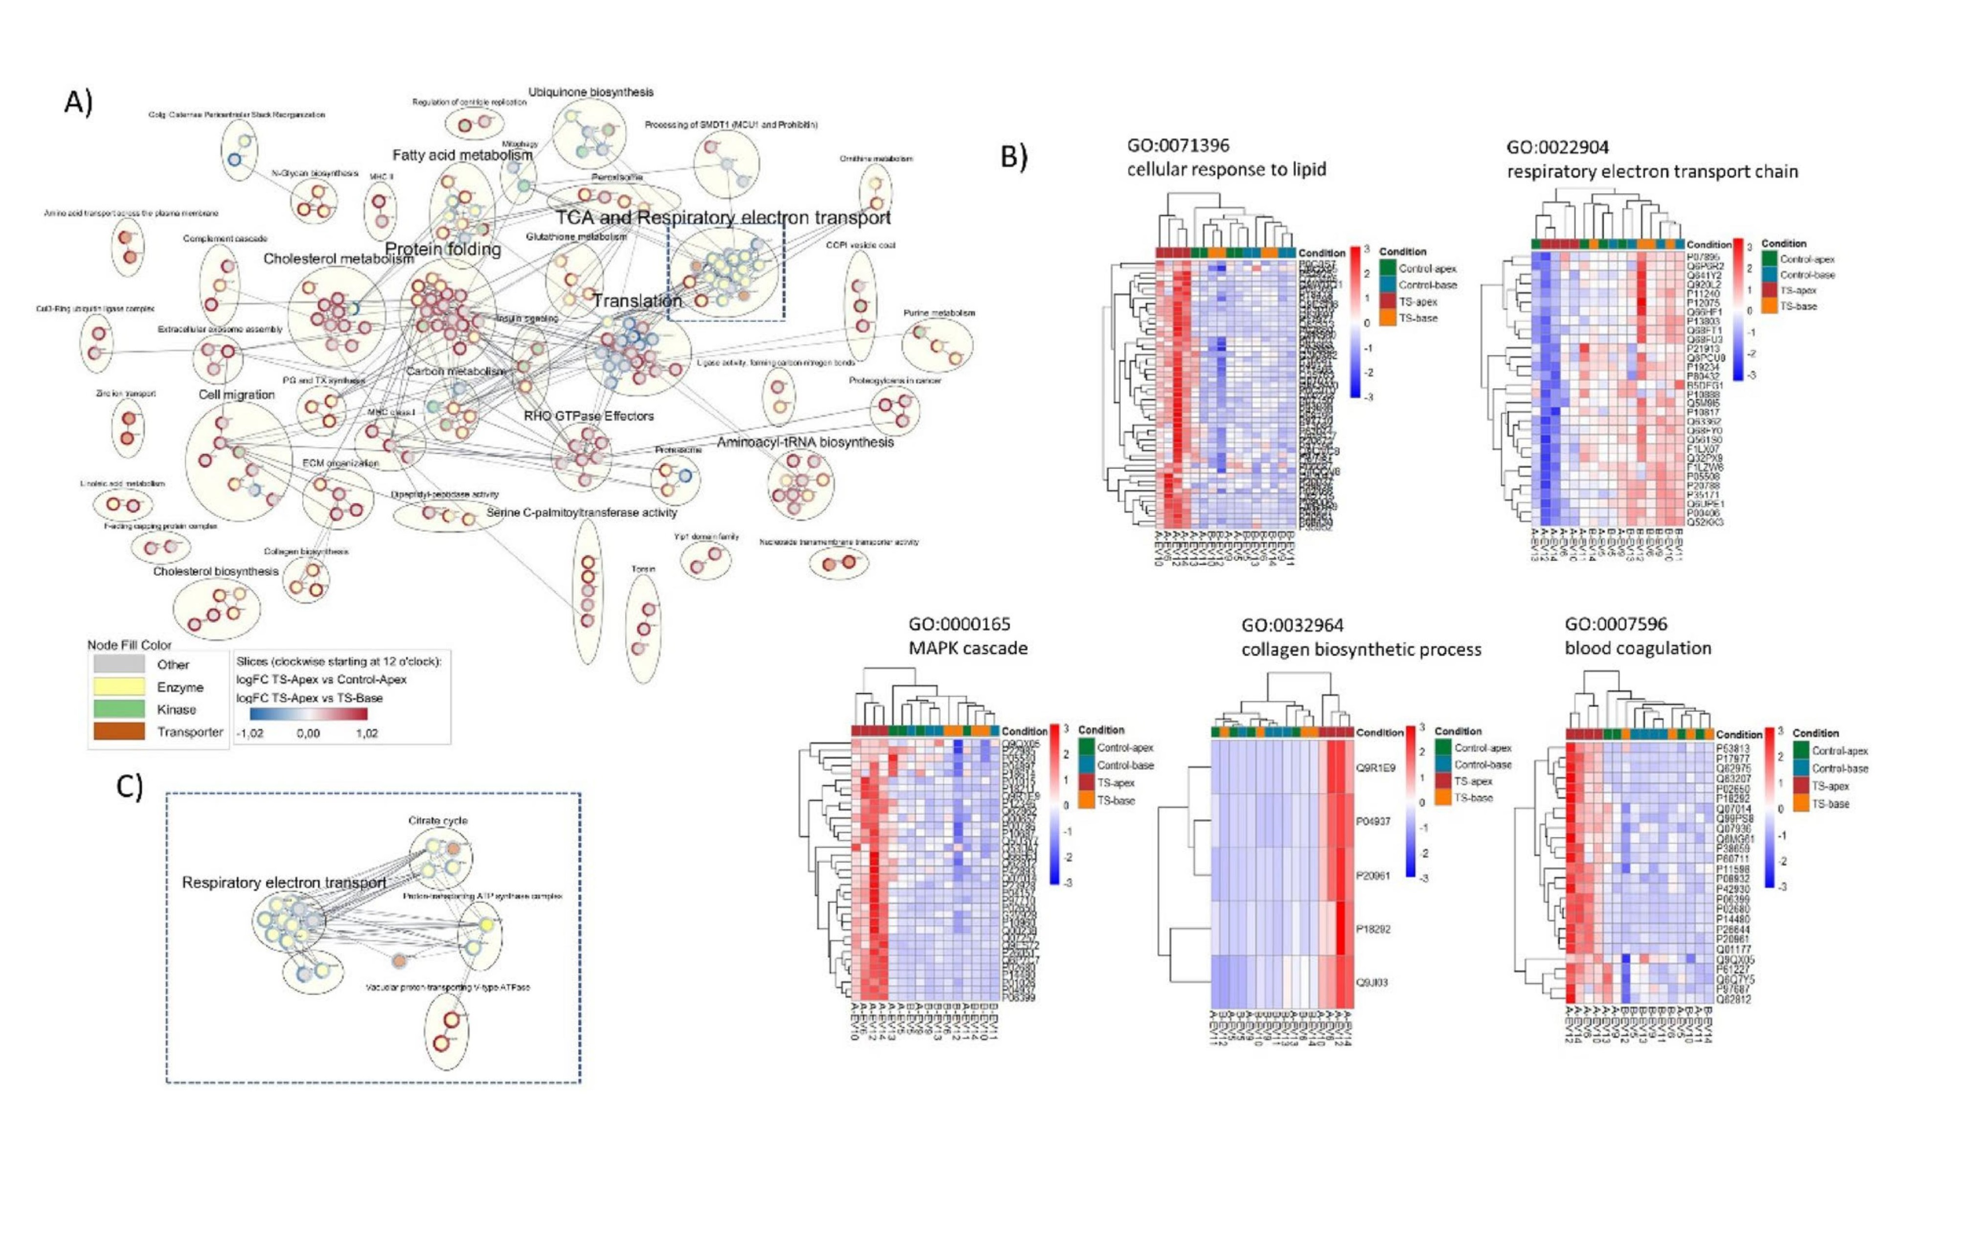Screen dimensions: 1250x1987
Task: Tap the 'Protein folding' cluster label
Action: (443, 249)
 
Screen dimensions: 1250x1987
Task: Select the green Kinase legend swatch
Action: (118, 709)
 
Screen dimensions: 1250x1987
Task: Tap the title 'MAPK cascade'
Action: (968, 648)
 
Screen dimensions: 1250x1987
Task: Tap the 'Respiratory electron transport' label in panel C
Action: (284, 883)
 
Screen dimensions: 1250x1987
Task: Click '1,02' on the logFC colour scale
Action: (366, 733)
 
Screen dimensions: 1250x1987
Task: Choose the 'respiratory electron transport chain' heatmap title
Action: (1652, 172)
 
